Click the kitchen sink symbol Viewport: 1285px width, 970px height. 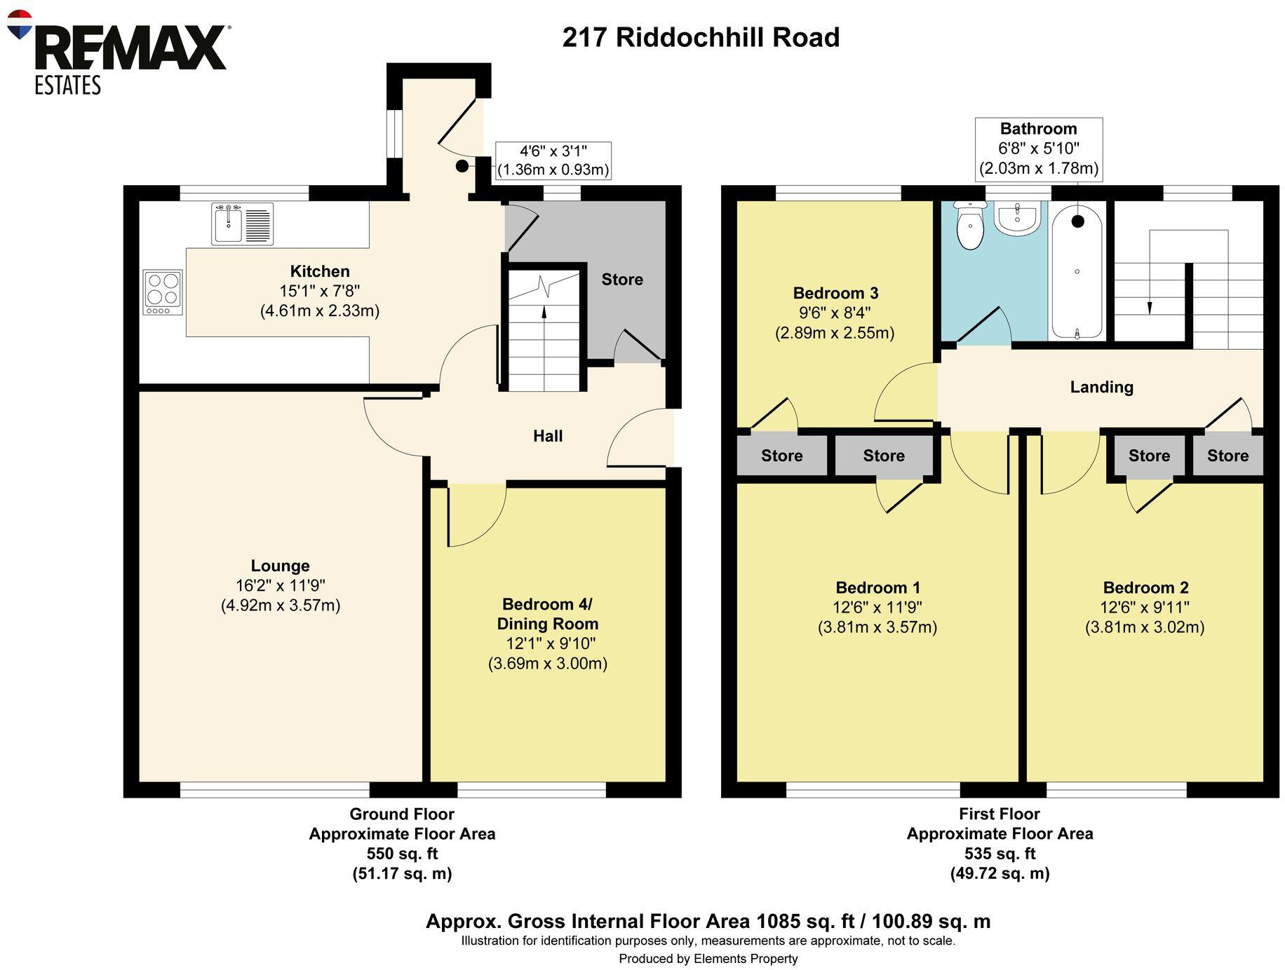pyautogui.click(x=242, y=224)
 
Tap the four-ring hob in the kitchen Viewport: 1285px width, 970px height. pyautogui.click(x=163, y=292)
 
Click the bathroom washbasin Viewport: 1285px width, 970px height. pyautogui.click(x=1016, y=218)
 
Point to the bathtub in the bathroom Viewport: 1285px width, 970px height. pyautogui.click(x=1077, y=273)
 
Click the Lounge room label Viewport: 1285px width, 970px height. pyautogui.click(x=280, y=566)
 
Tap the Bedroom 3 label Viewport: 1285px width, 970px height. pyautogui.click(x=835, y=293)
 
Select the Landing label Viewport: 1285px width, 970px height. pyautogui.click(x=1101, y=387)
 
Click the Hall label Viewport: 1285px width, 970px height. pyautogui.click(x=547, y=436)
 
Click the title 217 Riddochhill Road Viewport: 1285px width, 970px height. pyautogui.click(x=700, y=37)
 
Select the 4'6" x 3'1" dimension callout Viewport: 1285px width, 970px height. pyautogui.click(x=553, y=160)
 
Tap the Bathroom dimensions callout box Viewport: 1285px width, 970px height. pyautogui.click(x=1038, y=149)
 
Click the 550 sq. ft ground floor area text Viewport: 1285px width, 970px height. pyautogui.click(x=402, y=854)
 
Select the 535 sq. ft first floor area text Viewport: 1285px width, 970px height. pyautogui.click(x=999, y=854)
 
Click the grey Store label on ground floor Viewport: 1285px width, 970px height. pyautogui.click(x=621, y=280)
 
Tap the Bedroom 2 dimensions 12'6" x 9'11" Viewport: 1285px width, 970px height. pyautogui.click(x=1144, y=608)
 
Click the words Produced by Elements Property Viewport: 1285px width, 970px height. pyautogui.click(x=708, y=958)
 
